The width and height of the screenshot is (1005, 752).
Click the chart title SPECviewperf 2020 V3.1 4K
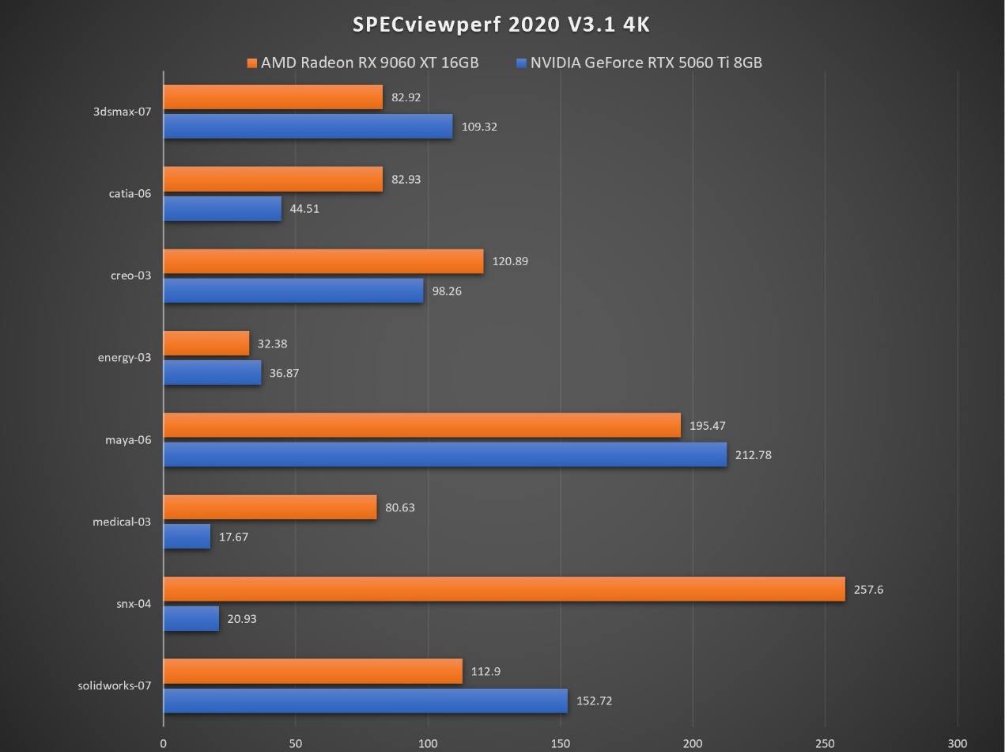coord(501,25)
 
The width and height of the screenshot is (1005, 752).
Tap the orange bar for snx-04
coord(504,589)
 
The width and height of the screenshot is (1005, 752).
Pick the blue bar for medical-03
coord(187,537)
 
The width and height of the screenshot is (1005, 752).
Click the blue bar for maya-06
coord(445,454)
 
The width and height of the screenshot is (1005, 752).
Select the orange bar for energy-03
coord(206,344)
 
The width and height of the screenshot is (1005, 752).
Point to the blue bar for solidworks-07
coord(365,701)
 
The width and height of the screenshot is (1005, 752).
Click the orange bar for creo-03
coord(323,261)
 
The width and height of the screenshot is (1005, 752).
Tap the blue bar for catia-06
coord(222,209)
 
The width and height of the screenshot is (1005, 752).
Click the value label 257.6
coord(868,590)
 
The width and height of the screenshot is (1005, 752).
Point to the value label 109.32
coord(479,127)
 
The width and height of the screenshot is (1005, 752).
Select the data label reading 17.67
coord(233,537)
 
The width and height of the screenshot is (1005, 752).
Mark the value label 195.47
coord(708,426)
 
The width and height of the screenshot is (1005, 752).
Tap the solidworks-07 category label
coord(114,686)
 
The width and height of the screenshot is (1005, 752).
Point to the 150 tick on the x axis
coord(561,743)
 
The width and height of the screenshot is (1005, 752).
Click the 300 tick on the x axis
coord(958,743)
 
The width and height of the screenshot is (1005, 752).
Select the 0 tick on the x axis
coord(164,743)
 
